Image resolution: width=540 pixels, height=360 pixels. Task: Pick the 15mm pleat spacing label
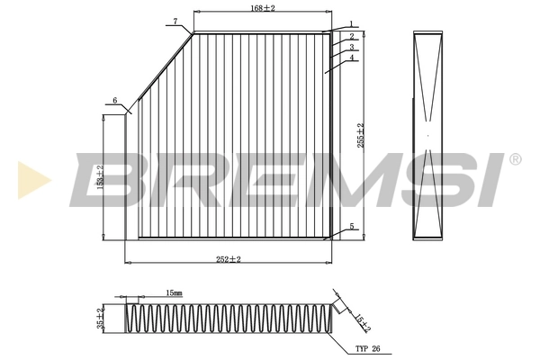[174, 293]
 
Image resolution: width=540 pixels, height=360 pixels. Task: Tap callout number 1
[350, 24]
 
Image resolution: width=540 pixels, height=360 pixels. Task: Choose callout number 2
[352, 37]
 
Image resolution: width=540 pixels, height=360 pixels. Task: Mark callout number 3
[352, 48]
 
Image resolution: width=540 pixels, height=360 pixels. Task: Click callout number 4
[352, 58]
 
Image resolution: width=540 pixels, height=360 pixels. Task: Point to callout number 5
[352, 227]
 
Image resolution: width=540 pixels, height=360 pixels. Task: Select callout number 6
[115, 100]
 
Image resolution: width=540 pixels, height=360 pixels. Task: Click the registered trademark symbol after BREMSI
[514, 160]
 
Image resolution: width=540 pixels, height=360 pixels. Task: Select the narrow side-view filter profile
[429, 134]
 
